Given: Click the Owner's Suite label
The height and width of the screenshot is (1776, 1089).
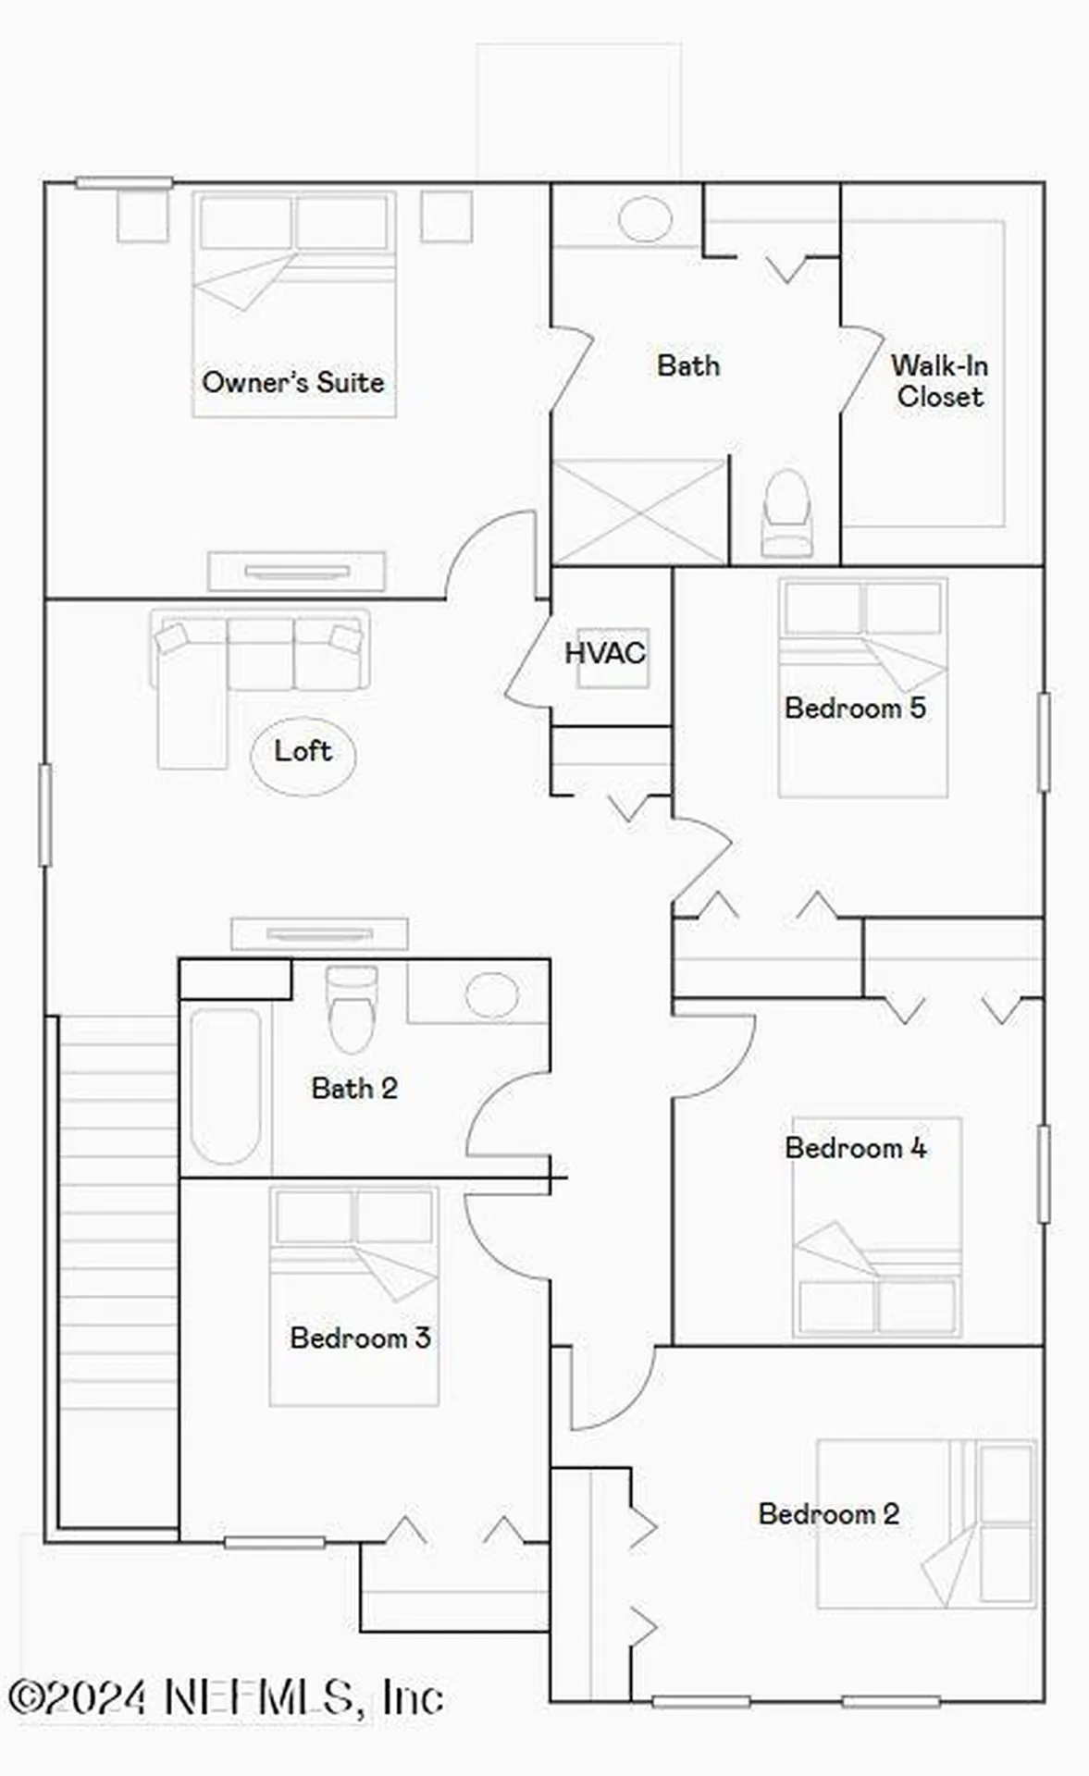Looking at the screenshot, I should pos(292,382).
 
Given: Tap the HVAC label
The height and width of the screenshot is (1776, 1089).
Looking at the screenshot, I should pos(604,653).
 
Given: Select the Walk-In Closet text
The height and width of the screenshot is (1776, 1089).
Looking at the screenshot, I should pos(939,380).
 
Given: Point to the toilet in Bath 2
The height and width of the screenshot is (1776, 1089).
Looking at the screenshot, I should pos(352,1010).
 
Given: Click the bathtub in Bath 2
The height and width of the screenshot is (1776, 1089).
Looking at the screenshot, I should pos(225,1086).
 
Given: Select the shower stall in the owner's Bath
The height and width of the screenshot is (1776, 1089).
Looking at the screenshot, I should pos(639,512).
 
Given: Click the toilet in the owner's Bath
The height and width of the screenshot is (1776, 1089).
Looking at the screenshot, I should pos(786,512).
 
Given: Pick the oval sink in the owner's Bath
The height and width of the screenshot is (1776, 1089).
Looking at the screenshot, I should pos(644,219).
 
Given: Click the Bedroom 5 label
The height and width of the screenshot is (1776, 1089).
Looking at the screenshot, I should pos(854,709).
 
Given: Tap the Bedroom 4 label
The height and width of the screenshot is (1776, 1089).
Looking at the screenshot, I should pos(855,1148).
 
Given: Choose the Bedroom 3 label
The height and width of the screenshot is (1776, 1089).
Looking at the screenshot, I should pos(360,1338).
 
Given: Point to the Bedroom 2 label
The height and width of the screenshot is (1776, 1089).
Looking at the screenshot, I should pos(828,1513).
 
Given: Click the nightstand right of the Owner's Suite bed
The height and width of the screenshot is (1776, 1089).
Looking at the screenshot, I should pos(447,216).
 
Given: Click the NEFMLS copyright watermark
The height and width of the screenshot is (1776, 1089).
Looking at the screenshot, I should pos(226,1696).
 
